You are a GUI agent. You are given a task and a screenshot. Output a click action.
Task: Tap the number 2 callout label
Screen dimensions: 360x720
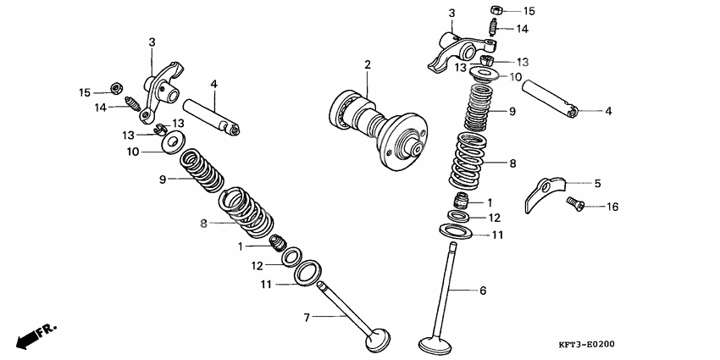[368, 64]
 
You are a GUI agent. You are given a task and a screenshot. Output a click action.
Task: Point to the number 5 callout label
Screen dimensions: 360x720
[597, 183]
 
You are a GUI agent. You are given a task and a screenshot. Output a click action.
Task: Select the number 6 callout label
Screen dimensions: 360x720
[483, 291]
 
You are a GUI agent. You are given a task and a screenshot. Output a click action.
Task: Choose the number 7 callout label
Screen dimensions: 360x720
[308, 317]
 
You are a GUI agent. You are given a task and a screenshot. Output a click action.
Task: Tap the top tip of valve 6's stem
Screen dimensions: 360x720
[454, 246]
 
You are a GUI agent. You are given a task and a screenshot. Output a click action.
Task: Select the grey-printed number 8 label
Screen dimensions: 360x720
[203, 224]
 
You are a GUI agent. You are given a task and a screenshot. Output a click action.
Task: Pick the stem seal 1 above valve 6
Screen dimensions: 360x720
[462, 201]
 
